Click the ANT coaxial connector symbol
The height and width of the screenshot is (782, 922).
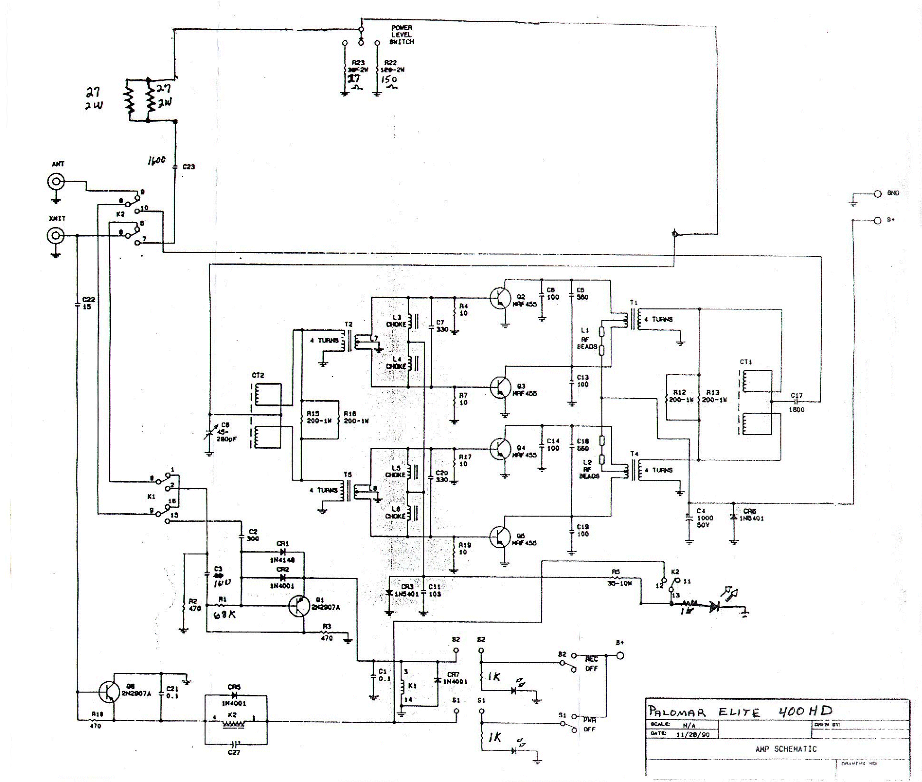pyautogui.click(x=56, y=181)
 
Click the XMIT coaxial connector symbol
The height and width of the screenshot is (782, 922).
pyautogui.click(x=56, y=235)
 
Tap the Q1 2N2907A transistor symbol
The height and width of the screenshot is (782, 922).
pyautogui.click(x=299, y=606)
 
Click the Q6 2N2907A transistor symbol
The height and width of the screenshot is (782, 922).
pyautogui.click(x=108, y=692)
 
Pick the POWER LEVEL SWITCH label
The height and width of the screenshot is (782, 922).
pyautogui.click(x=402, y=35)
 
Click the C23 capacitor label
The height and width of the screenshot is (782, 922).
pyautogui.click(x=188, y=167)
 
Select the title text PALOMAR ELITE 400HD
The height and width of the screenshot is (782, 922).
pyautogui.click(x=739, y=711)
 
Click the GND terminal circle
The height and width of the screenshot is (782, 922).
pyautogui.click(x=877, y=193)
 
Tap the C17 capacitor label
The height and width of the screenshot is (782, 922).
pyautogui.click(x=797, y=395)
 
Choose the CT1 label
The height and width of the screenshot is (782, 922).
pyautogui.click(x=746, y=362)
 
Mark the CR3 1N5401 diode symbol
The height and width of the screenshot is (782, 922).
pyautogui.click(x=389, y=593)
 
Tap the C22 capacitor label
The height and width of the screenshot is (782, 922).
pyautogui.click(x=88, y=303)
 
